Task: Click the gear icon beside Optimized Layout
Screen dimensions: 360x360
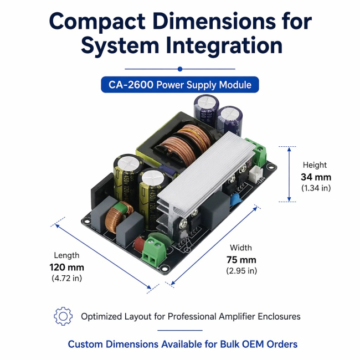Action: pos(63,316)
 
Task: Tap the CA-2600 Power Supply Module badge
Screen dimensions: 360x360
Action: pos(180,85)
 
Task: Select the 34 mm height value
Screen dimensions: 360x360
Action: pos(316,177)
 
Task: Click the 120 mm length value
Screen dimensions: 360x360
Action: pos(67,268)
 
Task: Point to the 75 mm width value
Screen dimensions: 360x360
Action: pos(241,260)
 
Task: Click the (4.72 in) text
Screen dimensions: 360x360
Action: pos(67,278)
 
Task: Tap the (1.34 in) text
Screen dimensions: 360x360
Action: pos(316,188)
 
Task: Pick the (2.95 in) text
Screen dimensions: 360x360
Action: pos(241,271)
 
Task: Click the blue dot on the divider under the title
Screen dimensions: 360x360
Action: pos(180,69)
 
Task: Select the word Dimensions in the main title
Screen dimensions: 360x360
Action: pos(214,22)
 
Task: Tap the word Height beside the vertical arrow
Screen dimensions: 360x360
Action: pos(315,165)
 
